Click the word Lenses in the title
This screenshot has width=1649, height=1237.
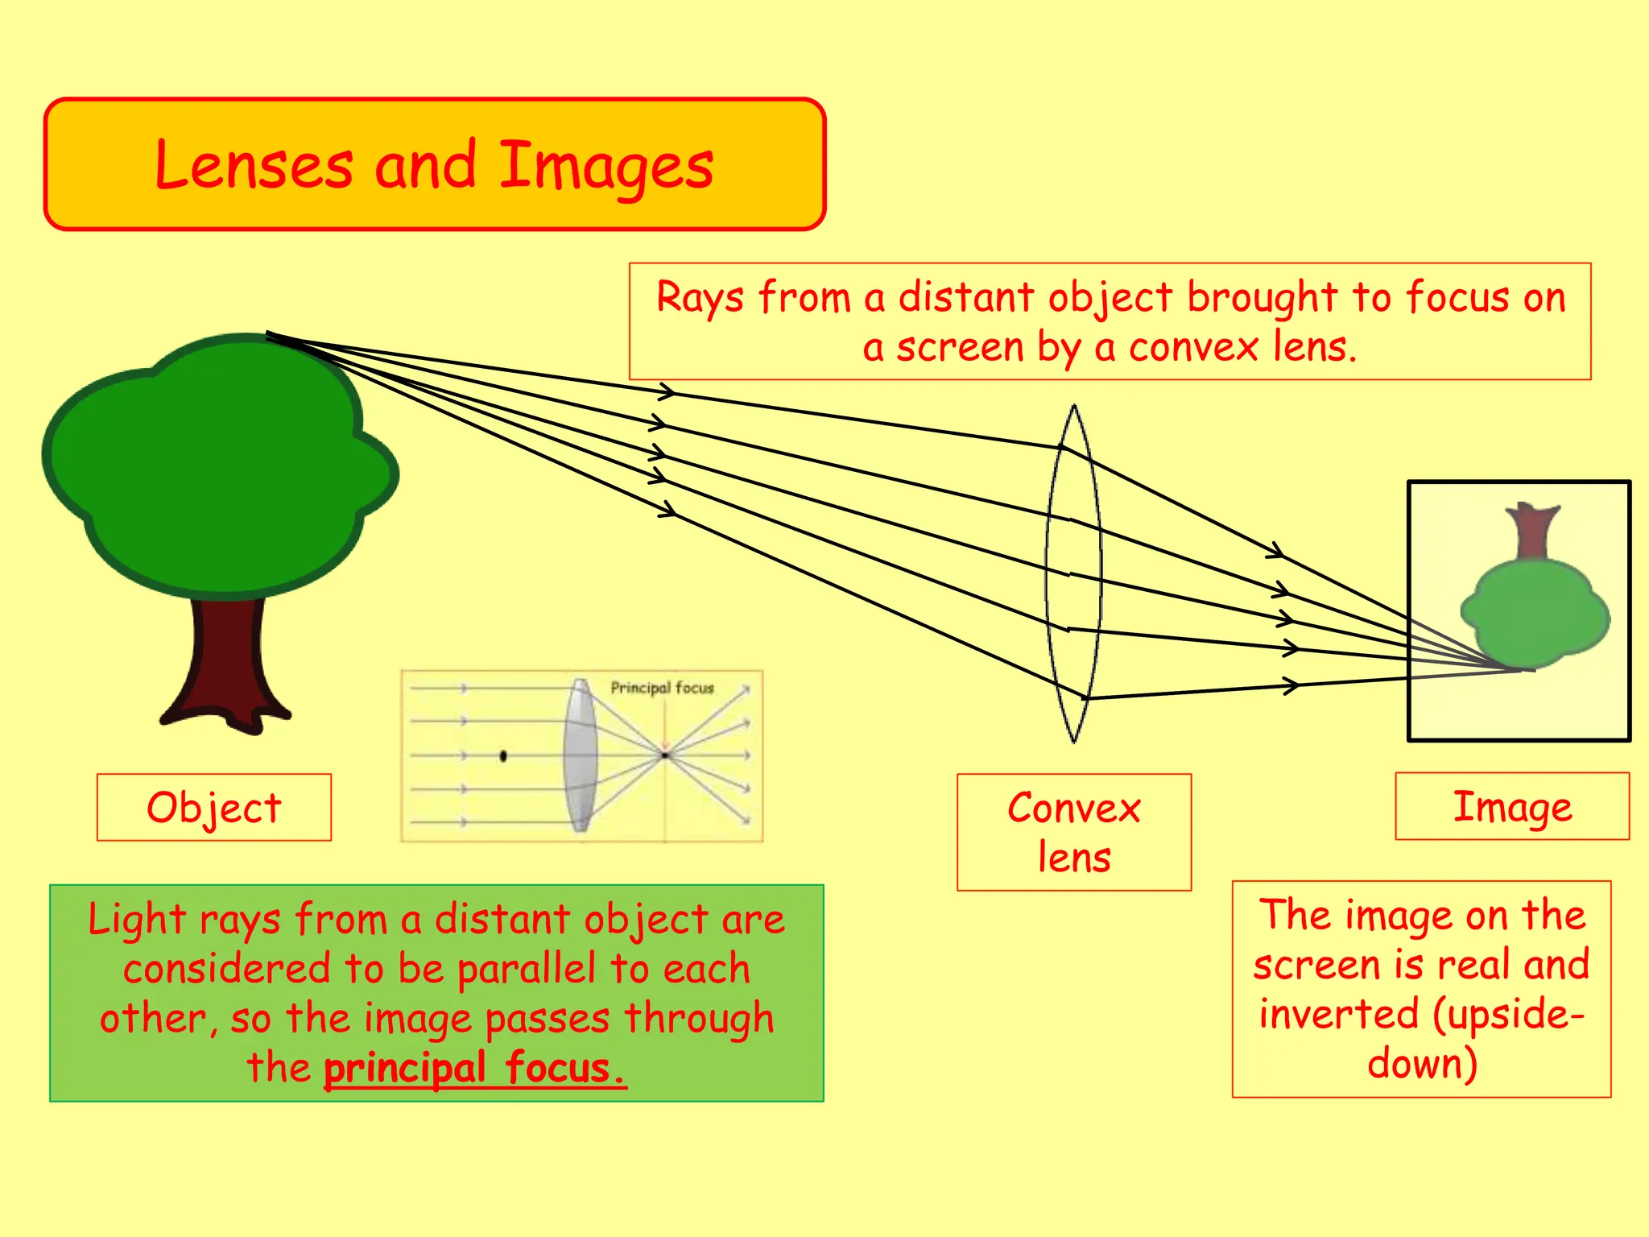(254, 167)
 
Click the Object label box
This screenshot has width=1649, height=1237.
(214, 808)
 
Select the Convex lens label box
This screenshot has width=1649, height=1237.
(1073, 832)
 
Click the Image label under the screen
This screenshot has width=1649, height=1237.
(1511, 806)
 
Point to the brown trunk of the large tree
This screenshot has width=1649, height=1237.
(225, 660)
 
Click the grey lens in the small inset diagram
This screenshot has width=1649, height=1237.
(580, 755)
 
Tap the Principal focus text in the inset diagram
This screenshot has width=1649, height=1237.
(662, 688)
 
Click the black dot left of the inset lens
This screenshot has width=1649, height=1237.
(503, 755)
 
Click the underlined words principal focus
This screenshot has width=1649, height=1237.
(475, 1069)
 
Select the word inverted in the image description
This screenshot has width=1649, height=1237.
(1338, 1014)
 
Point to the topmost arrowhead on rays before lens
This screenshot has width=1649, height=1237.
(667, 392)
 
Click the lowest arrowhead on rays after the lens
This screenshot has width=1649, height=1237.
(1291, 686)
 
